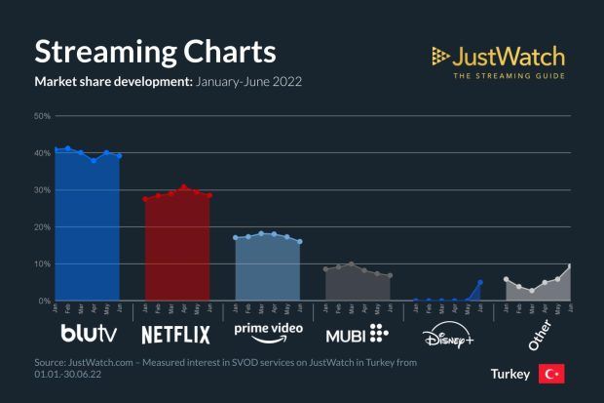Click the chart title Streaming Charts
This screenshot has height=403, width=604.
[x=155, y=51]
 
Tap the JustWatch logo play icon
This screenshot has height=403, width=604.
[x=440, y=55]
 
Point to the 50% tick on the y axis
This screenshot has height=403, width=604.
[x=42, y=116]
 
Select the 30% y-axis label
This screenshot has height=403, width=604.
[x=42, y=190]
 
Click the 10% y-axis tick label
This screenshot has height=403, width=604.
[x=42, y=264]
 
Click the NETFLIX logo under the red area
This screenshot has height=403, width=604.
[x=176, y=335]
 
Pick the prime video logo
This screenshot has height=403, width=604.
[x=268, y=332]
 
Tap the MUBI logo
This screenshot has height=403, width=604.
[x=357, y=334]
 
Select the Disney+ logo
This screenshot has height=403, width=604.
[x=447, y=337]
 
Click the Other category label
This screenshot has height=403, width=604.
[x=538, y=333]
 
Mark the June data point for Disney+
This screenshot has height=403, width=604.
[x=480, y=283]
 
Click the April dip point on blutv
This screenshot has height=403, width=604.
[x=94, y=160]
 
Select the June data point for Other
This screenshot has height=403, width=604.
[x=571, y=266]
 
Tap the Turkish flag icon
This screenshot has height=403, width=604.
[x=551, y=375]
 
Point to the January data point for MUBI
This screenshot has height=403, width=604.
[x=325, y=269]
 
